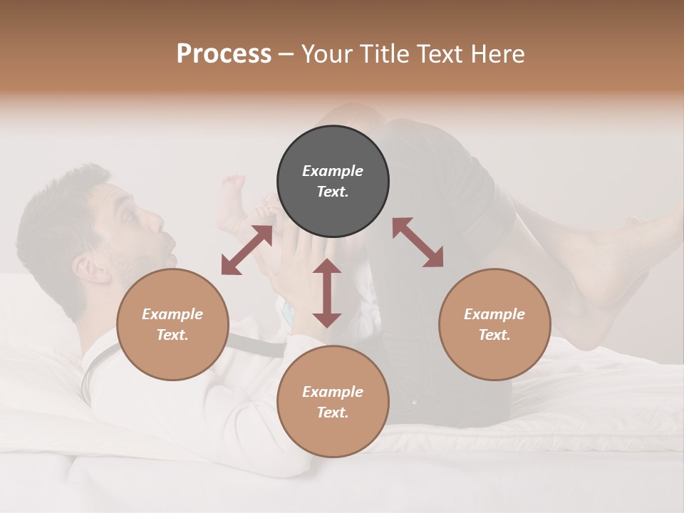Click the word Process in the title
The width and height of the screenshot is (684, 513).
[x=224, y=54]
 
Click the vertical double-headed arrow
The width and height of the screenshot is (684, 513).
[x=327, y=293]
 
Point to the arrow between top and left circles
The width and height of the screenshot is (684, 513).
[x=247, y=250]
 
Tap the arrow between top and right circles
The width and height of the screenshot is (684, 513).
[x=418, y=242]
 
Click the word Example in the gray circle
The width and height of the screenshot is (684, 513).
[x=333, y=171]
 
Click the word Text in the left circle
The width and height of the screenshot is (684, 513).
[x=172, y=335]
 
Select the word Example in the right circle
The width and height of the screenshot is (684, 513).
[x=494, y=314]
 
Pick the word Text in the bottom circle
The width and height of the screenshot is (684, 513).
[x=332, y=413]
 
